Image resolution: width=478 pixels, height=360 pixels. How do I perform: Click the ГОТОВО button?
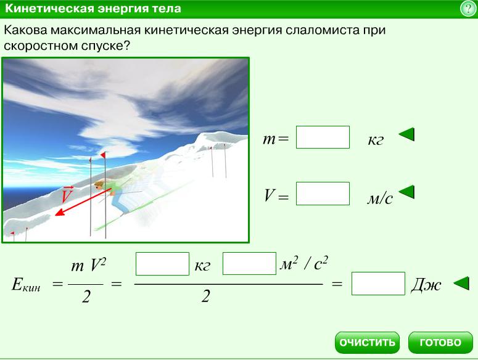(x=440, y=343)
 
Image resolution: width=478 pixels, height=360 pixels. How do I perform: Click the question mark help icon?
(x=468, y=8)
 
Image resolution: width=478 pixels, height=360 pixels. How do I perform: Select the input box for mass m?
(x=323, y=137)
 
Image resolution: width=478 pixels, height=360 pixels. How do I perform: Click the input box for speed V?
(x=323, y=194)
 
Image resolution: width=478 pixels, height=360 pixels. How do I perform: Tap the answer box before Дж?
(x=378, y=284)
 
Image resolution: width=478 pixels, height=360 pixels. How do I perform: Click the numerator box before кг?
(x=162, y=264)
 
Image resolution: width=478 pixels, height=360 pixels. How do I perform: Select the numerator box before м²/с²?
(x=249, y=264)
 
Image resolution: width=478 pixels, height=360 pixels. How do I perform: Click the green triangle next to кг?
(x=406, y=134)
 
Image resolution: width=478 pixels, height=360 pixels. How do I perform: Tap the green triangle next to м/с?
(x=406, y=192)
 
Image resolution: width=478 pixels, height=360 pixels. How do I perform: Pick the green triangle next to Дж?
(x=461, y=283)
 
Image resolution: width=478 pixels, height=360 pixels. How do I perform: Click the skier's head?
(x=99, y=185)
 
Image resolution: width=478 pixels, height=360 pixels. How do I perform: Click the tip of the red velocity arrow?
(x=55, y=215)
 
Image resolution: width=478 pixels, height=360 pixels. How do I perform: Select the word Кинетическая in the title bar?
(x=50, y=8)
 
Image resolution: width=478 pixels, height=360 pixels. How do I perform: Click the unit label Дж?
(x=426, y=285)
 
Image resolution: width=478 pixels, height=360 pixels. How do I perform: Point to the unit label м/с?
(x=380, y=199)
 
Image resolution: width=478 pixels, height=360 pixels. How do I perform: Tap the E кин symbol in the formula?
(x=26, y=285)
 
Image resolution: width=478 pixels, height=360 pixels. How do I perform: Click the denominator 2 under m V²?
(x=86, y=297)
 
